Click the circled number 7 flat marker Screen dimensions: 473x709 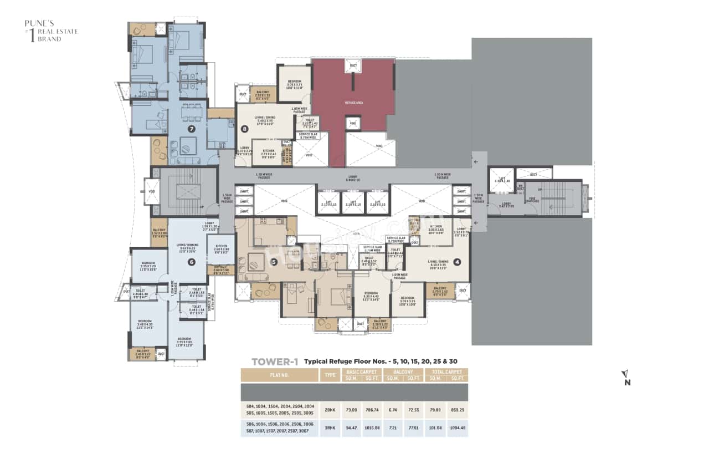(x=192, y=129)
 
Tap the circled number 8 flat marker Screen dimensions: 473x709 (x=245, y=129)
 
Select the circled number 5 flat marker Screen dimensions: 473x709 (x=274, y=262)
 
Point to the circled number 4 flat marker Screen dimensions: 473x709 (x=457, y=262)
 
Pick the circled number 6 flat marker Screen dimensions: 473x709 (x=191, y=262)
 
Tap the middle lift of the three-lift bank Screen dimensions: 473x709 (x=353, y=203)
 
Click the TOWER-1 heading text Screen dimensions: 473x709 (x=275, y=362)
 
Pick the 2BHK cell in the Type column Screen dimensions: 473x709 (x=330, y=410)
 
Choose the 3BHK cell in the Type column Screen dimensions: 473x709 (x=330, y=428)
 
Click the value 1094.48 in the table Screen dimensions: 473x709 (x=457, y=428)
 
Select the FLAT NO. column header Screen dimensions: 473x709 (x=279, y=375)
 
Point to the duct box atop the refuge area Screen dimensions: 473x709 (x=353, y=66)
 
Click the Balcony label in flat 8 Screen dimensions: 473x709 (x=263, y=94)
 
